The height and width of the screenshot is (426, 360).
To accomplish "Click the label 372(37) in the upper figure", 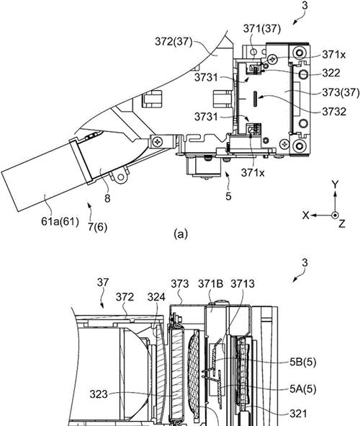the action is (x=174, y=42).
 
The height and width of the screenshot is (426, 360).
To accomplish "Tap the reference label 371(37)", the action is (x=262, y=29).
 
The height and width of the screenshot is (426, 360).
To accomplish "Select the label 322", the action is (x=331, y=73).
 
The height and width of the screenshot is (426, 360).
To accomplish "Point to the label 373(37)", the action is (x=341, y=93).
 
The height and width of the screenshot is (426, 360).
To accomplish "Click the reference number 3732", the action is (x=334, y=112).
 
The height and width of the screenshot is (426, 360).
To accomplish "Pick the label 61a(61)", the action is (x=60, y=221).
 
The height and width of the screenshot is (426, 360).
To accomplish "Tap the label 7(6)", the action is (x=97, y=226).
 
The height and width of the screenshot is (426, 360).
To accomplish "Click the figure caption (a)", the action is (x=181, y=234).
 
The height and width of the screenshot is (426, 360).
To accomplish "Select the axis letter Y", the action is (x=336, y=185).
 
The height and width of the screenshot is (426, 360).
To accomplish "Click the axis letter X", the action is (x=306, y=216).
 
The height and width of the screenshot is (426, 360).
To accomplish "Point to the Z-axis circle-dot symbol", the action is (x=336, y=216).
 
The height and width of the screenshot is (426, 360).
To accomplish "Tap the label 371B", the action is (x=211, y=284).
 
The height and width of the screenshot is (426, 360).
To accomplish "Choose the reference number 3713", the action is (x=243, y=284).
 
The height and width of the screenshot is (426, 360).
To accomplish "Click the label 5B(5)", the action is (x=302, y=362).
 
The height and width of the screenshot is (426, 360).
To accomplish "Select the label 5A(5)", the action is (x=302, y=389).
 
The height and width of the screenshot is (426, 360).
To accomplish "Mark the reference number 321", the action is (x=298, y=414).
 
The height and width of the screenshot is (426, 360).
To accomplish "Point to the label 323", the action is (x=99, y=394).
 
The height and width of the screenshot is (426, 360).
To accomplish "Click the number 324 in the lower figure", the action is (x=156, y=297).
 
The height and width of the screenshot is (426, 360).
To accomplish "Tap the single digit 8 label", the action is (x=107, y=199).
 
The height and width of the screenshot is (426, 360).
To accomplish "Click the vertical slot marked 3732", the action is (x=255, y=99).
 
